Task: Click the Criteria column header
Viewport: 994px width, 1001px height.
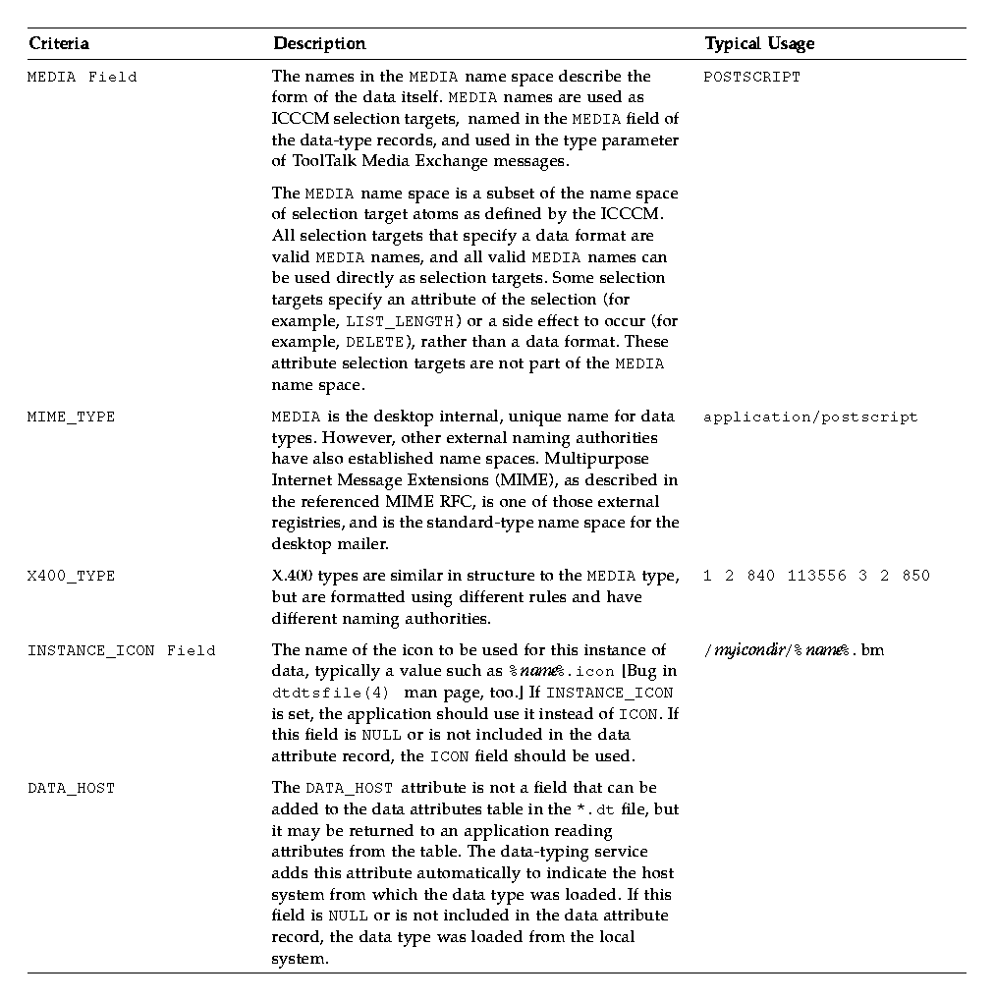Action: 59,43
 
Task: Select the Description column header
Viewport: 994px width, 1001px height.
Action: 319,43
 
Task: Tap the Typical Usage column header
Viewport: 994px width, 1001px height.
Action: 759,43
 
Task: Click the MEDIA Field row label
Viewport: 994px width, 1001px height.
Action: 82,77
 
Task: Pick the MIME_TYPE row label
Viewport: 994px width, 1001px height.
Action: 71,417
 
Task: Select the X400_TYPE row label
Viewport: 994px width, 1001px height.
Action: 71,576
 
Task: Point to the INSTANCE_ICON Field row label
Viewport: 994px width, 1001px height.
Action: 121,650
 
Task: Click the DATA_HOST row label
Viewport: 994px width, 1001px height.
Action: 71,788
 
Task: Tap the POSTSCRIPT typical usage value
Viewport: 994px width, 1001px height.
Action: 751,77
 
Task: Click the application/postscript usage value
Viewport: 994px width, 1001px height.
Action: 810,417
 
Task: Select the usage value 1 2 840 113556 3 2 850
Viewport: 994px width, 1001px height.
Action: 816,576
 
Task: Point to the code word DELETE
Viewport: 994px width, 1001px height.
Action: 374,343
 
